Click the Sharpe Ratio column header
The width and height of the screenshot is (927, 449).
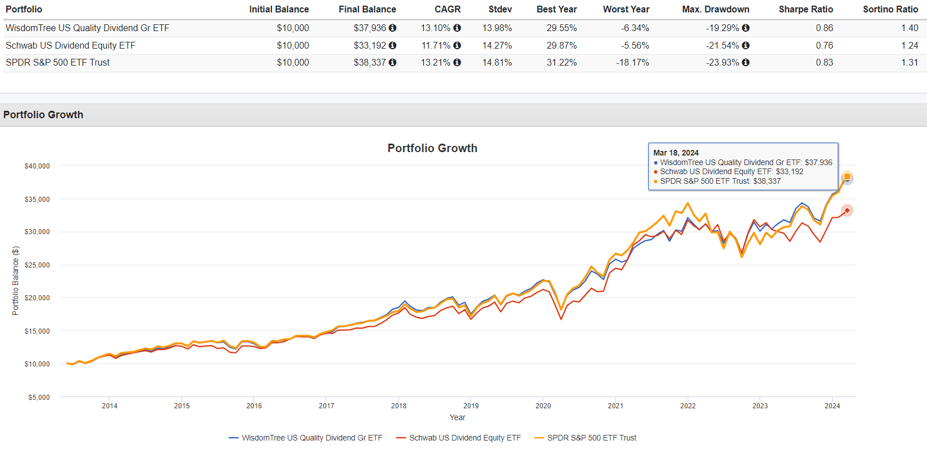[805, 9]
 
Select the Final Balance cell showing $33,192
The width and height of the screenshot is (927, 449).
[370, 45]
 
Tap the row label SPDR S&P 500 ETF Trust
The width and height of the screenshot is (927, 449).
[58, 62]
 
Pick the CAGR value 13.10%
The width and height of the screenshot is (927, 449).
[435, 28]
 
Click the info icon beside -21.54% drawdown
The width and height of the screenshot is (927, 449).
[746, 45]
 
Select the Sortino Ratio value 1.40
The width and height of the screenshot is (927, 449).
[909, 28]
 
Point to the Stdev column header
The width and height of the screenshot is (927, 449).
[500, 9]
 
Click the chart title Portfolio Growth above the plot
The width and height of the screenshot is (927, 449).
[432, 148]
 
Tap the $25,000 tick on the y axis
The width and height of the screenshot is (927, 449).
[37, 265]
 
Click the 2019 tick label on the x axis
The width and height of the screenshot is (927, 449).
[471, 405]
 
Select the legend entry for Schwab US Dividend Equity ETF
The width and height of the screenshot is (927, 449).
[465, 438]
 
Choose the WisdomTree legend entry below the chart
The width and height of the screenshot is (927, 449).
[311, 438]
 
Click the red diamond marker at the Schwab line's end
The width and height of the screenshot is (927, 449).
[847, 210]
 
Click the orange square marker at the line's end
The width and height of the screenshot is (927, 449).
[847, 177]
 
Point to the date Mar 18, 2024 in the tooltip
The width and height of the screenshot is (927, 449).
[675, 153]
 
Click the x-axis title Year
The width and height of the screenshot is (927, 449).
[457, 417]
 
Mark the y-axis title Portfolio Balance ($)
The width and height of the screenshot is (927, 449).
[15, 281]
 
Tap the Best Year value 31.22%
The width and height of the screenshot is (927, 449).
[561, 62]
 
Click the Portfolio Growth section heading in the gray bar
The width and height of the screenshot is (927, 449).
[43, 115]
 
